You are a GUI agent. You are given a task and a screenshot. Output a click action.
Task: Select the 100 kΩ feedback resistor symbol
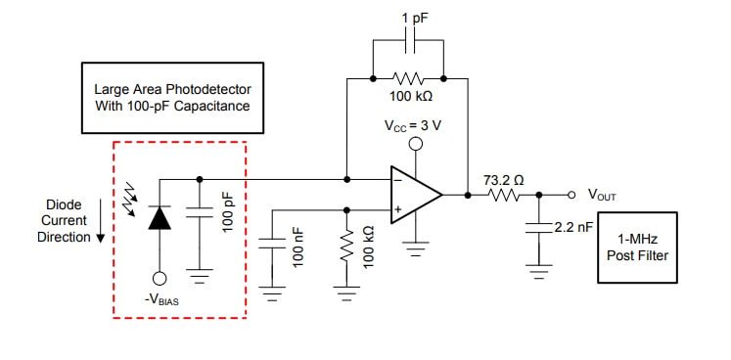(x=407, y=76)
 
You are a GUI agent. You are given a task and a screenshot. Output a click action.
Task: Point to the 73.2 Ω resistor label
(x=503, y=179)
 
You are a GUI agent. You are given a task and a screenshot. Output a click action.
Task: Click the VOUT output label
(x=602, y=195)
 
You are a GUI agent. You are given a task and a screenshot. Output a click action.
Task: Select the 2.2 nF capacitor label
(x=573, y=227)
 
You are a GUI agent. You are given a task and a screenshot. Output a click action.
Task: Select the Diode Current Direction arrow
(x=100, y=236)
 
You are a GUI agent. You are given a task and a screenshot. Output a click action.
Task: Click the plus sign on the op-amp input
(x=399, y=208)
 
